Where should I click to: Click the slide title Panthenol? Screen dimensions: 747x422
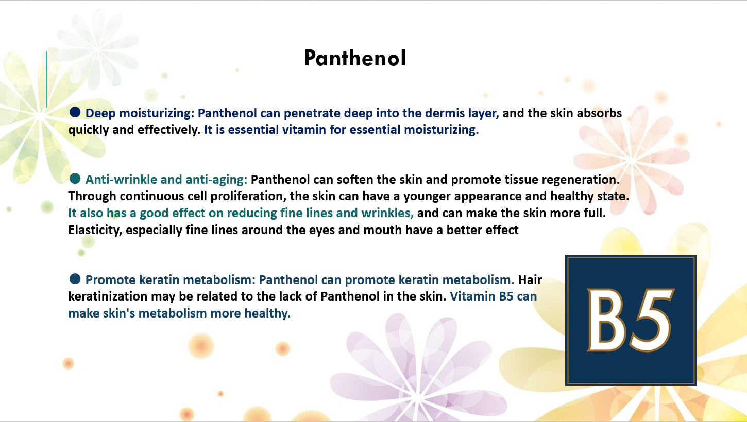click(x=355, y=58)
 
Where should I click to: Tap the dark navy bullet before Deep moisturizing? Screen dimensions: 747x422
click(x=75, y=112)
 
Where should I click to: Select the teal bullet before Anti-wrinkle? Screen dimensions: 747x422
click(x=75, y=179)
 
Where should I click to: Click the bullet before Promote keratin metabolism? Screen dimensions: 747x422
click(x=75, y=279)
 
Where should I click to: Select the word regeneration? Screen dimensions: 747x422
click(x=581, y=180)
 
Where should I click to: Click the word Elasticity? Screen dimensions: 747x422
click(x=95, y=230)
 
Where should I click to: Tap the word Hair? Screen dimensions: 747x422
click(x=530, y=280)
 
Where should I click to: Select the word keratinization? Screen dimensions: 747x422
click(x=108, y=296)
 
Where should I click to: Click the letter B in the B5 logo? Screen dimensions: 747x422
click(x=605, y=320)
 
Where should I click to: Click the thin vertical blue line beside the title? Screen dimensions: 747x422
click(x=46, y=79)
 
